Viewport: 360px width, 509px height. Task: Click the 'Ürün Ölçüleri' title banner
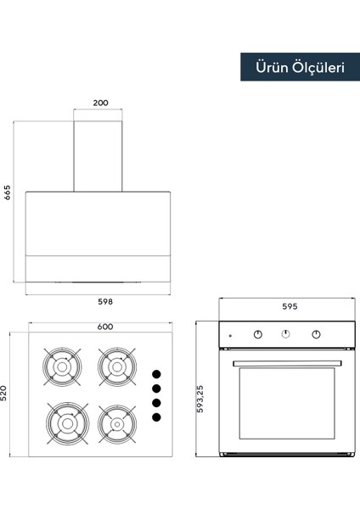(300, 67)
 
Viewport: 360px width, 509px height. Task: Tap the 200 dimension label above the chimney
(100, 103)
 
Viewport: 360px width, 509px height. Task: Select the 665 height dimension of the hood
(7, 193)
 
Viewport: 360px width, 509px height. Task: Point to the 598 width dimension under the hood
(105, 301)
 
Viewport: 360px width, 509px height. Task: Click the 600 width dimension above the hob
(105, 327)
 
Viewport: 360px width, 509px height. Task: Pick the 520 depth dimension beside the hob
(3, 393)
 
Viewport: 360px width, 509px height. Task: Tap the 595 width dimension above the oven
(290, 306)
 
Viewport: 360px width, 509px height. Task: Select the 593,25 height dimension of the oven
(200, 399)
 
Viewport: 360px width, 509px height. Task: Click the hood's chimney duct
(98, 156)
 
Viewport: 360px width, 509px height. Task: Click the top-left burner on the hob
(62, 366)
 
